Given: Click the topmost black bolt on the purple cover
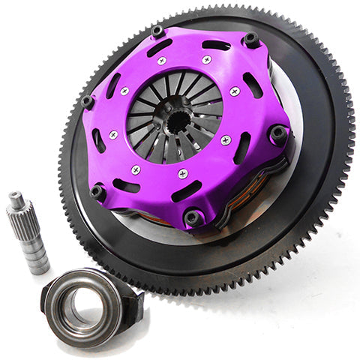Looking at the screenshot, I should [x=157, y=31].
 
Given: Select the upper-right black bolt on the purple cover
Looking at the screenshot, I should [x=251, y=39].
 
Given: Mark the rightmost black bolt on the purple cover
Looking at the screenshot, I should [x=278, y=136].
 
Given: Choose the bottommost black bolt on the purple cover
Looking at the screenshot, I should [x=193, y=217].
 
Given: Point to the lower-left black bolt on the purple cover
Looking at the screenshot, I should [x=97, y=192].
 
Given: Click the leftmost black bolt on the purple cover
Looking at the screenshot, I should [x=88, y=101].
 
